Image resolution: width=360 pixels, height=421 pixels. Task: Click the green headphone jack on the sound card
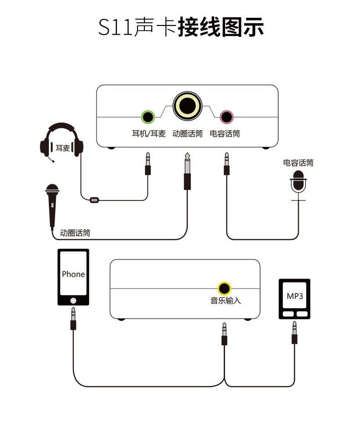click(148, 117)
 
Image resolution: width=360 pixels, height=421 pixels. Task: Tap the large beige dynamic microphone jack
click(187, 106)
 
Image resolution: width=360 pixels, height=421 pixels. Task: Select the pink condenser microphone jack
click(226, 117)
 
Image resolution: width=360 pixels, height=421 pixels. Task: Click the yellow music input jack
click(224, 288)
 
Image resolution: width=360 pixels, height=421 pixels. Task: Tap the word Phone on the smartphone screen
click(73, 274)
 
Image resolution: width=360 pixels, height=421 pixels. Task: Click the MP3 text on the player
click(295, 296)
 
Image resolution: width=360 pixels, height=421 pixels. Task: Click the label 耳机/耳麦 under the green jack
click(149, 133)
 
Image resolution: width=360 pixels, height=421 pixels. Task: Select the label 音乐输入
click(226, 300)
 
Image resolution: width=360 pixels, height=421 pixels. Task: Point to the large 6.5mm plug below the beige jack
click(187, 171)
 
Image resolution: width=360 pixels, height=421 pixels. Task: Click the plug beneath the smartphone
click(73, 318)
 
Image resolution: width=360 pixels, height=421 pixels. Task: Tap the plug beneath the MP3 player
click(294, 333)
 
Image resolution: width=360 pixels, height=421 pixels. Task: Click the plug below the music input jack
click(224, 334)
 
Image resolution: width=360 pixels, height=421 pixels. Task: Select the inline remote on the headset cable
click(94, 200)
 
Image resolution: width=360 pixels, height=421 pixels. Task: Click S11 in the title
click(115, 27)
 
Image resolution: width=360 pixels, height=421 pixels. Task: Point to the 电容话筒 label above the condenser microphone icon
click(298, 163)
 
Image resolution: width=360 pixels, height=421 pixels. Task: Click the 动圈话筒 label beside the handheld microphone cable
click(75, 233)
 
